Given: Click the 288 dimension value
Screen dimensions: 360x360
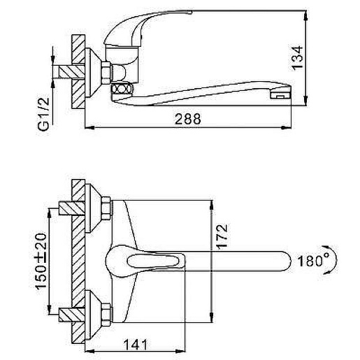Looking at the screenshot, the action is tap(187, 119).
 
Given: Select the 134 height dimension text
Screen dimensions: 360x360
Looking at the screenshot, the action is tap(297, 58).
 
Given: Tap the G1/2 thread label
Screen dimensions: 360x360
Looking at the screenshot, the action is tap(43, 114).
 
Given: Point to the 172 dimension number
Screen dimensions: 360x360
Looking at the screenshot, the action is tap(222, 237).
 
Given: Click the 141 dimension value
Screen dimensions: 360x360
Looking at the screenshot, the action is tap(136, 345).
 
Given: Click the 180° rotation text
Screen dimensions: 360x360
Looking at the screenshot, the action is tap(313, 261).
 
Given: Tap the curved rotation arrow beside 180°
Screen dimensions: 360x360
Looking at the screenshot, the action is tap(335, 260).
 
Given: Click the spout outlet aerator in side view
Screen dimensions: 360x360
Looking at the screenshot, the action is tap(280, 96).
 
